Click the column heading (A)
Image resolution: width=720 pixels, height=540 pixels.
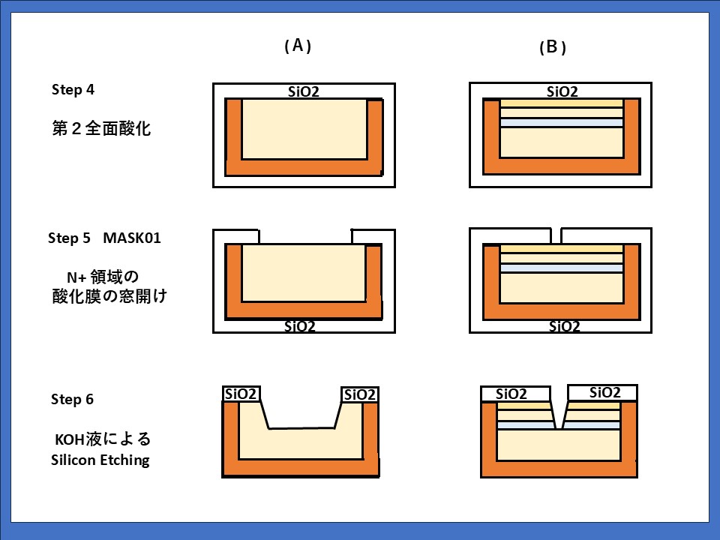click(x=298, y=46)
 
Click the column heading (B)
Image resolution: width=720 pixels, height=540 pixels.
click(x=552, y=47)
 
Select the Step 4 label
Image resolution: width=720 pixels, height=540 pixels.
click(x=73, y=89)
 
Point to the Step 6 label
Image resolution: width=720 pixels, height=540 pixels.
click(x=73, y=399)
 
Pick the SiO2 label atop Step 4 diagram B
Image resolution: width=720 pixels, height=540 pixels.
click(x=562, y=91)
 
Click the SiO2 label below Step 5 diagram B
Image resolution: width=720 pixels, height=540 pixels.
click(x=563, y=325)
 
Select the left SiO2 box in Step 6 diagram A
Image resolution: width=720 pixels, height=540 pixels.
click(x=241, y=394)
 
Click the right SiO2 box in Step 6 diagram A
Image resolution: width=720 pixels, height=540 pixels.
click(x=359, y=394)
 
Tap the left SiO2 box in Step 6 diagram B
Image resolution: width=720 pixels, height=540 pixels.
click(x=511, y=394)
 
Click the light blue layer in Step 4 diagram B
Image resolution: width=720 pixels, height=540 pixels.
click(x=562, y=123)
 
